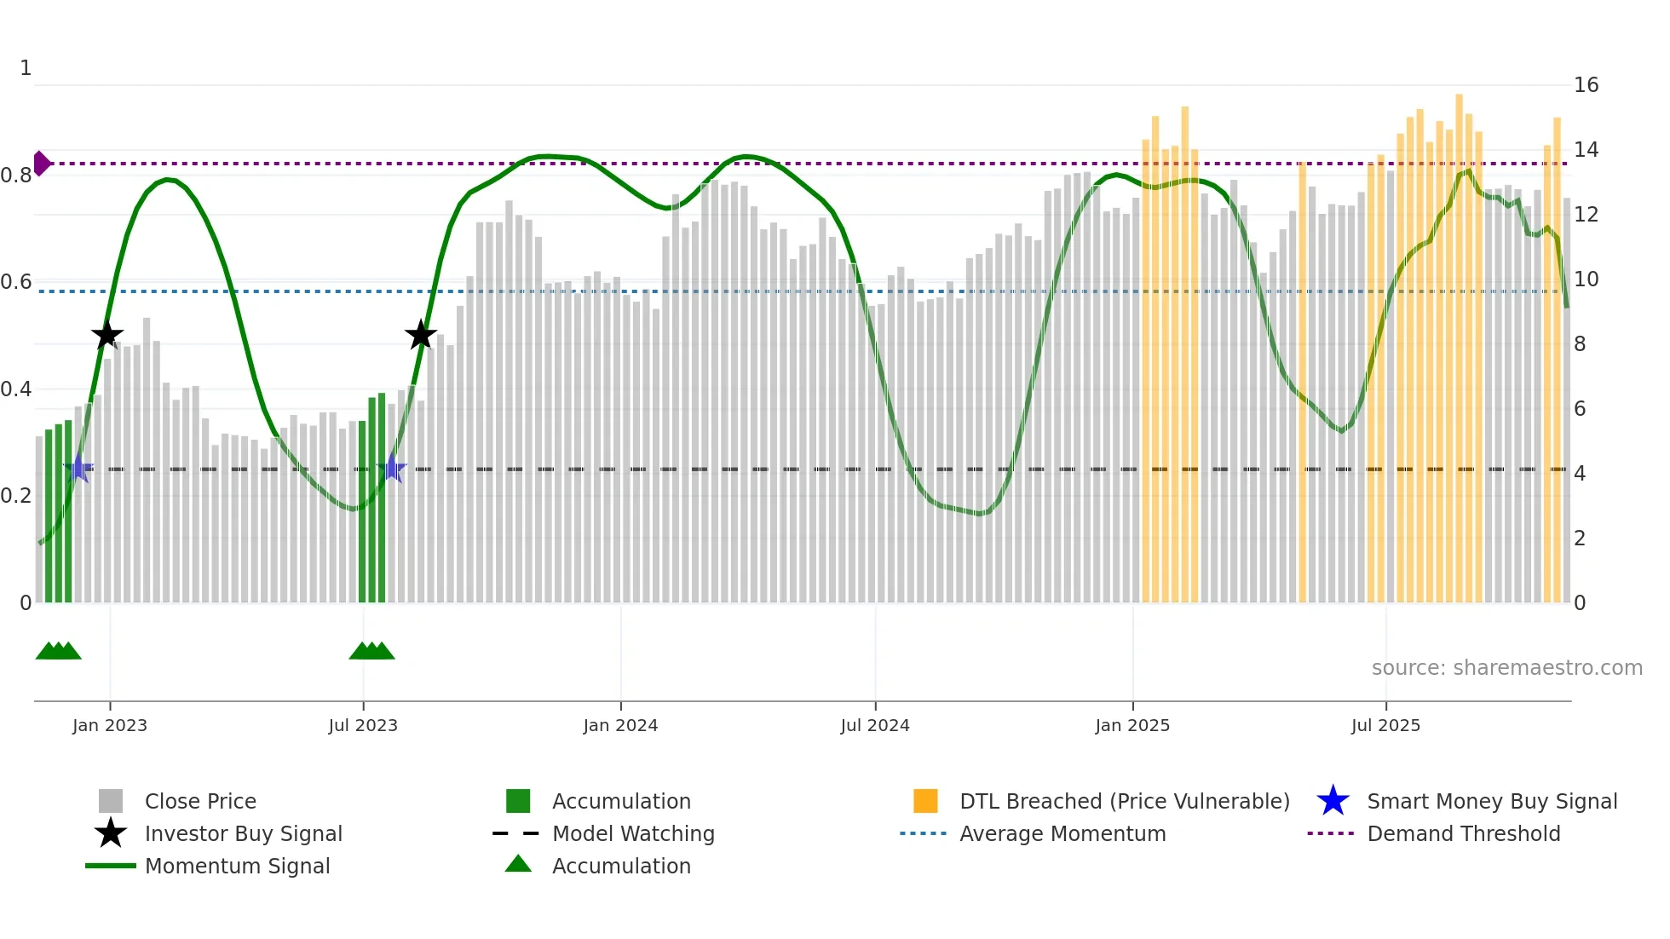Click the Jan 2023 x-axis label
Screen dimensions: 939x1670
click(x=110, y=725)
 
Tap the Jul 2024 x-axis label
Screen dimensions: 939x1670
click(x=875, y=725)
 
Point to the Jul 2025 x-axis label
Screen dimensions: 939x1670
click(x=1385, y=725)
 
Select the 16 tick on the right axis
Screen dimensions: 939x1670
click(x=1586, y=85)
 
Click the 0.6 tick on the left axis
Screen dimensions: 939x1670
click(x=16, y=282)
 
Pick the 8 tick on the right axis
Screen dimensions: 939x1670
click(x=1580, y=344)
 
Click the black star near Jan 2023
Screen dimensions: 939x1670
click(x=107, y=336)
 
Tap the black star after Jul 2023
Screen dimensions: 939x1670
click(x=420, y=335)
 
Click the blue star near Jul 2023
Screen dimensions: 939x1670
click(x=391, y=468)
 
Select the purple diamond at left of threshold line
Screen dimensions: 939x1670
click(x=41, y=163)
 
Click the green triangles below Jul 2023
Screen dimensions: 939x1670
click(x=371, y=651)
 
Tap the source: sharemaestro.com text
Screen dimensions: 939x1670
click(x=1506, y=668)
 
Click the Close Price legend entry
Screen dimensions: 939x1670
click(x=200, y=801)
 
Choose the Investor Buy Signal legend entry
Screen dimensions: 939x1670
click(x=243, y=833)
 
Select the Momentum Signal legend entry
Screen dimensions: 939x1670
click(x=237, y=866)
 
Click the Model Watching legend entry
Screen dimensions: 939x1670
click(x=633, y=833)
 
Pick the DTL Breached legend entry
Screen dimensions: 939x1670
click(x=1124, y=801)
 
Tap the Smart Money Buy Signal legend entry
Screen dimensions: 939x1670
click(x=1491, y=801)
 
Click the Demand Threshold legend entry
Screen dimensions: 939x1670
click(x=1463, y=833)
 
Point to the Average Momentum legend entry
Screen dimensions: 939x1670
click(x=1062, y=833)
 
